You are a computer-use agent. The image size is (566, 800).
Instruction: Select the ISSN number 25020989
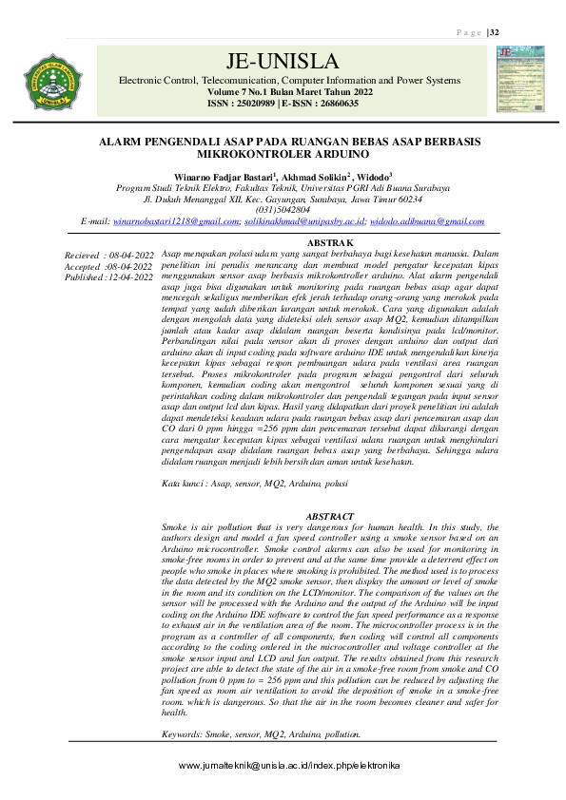coord(252,104)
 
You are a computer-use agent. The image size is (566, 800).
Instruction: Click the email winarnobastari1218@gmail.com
coord(175,220)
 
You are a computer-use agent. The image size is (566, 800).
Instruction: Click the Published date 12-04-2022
coord(130,276)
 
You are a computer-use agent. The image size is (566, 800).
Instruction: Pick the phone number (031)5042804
coord(283,210)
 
